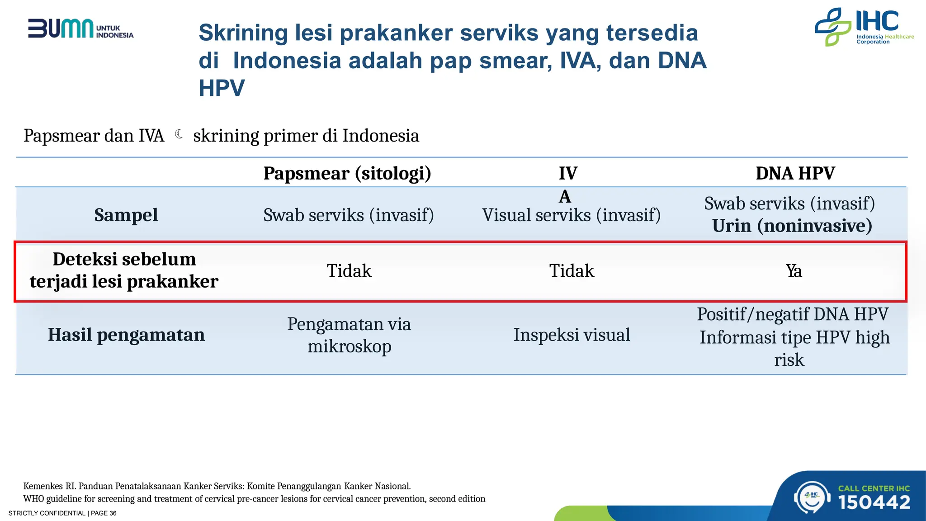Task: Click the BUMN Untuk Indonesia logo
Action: point(80,29)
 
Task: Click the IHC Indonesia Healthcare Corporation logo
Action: point(864,27)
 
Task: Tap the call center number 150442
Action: point(874,502)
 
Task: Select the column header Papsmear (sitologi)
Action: point(347,173)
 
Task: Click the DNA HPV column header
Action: point(795,173)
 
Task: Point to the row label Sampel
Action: point(126,215)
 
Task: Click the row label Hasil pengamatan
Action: point(126,335)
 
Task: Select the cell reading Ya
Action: point(794,271)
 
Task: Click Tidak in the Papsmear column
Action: point(349,271)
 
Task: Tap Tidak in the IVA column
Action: point(572,271)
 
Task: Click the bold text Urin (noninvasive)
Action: point(792,226)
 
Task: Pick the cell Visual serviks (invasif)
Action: point(572,215)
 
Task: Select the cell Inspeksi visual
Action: point(572,335)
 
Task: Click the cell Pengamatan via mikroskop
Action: point(349,335)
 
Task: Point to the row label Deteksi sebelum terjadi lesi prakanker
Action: point(124,270)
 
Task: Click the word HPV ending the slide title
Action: point(222,88)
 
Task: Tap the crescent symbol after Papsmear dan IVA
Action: point(179,134)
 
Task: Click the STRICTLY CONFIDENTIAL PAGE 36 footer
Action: point(62,513)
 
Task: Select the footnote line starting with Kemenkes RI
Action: point(217,486)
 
